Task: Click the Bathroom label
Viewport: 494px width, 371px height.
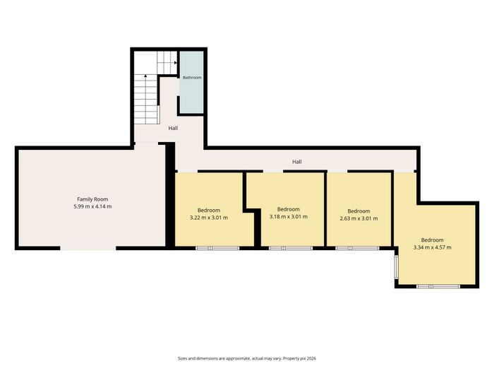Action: pos(192,77)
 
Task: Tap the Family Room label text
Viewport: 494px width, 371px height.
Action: pos(92,199)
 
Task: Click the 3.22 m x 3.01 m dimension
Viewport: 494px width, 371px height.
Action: pos(209,218)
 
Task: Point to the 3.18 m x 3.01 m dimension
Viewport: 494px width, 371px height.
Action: pos(289,217)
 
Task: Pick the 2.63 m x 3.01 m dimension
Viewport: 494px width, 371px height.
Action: pos(359,218)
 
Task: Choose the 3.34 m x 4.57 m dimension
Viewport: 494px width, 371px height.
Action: pos(432,247)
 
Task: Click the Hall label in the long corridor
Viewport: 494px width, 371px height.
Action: pos(297,162)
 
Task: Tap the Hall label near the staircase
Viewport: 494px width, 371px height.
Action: pos(173,128)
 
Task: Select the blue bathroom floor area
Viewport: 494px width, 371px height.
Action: pos(191,82)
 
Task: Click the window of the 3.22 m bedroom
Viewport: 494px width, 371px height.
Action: pos(217,248)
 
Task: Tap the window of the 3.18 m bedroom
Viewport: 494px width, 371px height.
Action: pos(291,248)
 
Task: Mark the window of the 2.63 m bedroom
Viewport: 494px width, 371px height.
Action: pos(357,248)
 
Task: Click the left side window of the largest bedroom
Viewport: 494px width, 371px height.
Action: pos(397,267)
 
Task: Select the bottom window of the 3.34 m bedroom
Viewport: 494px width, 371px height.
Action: pos(438,286)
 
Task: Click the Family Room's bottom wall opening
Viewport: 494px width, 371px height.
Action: pos(88,248)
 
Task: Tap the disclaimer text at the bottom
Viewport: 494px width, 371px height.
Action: pos(247,358)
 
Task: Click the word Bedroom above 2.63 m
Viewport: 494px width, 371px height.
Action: pos(359,211)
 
